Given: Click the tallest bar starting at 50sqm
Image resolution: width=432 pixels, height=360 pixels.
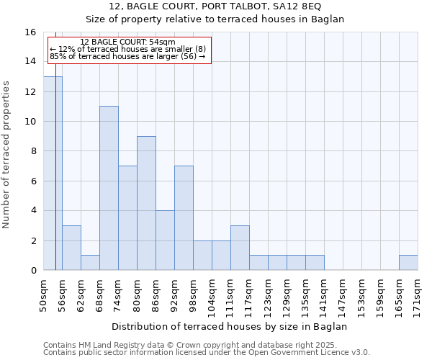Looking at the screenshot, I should point(53,174).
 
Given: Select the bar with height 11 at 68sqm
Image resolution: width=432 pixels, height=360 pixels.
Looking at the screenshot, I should point(109,188).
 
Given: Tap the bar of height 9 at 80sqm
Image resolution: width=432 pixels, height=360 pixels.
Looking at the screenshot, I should point(146,203).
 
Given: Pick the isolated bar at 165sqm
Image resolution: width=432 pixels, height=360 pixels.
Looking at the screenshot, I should point(408,263).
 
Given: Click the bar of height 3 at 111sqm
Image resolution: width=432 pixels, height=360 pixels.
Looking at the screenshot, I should point(240,248).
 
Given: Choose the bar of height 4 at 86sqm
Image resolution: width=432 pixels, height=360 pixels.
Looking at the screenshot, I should point(165,240).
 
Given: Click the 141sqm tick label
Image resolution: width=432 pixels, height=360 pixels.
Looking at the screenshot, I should point(324,294).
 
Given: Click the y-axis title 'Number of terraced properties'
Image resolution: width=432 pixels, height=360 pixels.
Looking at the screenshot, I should point(7,155).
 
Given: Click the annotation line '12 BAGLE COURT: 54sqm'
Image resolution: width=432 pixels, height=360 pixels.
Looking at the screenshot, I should point(127,42).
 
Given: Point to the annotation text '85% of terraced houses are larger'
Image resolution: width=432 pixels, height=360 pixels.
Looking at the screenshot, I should point(127,56).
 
